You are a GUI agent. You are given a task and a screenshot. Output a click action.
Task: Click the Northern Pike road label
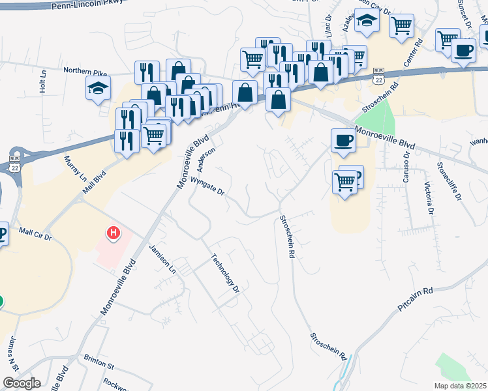pyautogui.click(x=84, y=70)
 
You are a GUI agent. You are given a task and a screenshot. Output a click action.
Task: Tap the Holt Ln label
pyautogui.click(x=43, y=81)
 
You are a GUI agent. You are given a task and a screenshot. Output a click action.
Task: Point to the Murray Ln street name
pyautogui.click(x=74, y=168)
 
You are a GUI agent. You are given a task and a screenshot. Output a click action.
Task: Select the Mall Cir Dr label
pyautogui.click(x=37, y=232)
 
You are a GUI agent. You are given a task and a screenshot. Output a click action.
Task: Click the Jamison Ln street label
pyautogui.click(x=163, y=259)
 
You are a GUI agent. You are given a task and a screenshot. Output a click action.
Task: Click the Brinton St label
pyautogui.click(x=99, y=358)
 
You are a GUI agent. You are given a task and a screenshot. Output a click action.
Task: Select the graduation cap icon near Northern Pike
pyautogui.click(x=98, y=88)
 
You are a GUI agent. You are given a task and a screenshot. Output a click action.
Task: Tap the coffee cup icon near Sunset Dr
pyautogui.click(x=463, y=50)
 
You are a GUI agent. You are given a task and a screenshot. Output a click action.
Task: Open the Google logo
pyautogui.click(x=22, y=383)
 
